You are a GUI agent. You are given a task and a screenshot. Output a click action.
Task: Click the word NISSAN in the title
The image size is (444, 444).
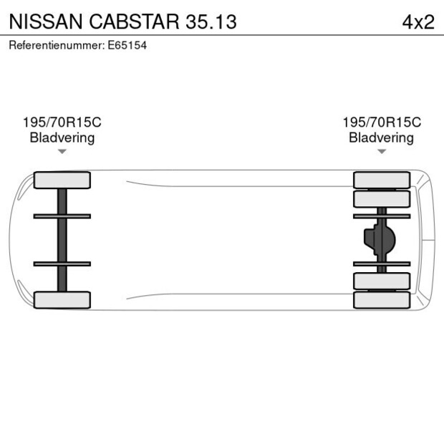42,21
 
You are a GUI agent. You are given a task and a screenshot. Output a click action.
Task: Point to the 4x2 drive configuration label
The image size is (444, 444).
418,21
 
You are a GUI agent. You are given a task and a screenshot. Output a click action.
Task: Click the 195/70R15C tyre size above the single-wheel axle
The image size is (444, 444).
62,122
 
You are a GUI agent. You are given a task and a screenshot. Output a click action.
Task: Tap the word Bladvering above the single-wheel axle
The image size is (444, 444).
62,137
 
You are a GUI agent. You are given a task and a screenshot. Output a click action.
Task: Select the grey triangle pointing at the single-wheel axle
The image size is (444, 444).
62,152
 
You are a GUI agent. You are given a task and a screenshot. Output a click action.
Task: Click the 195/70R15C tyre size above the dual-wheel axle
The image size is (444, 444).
382,122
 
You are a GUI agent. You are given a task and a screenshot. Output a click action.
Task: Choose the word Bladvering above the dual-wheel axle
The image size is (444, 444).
382,137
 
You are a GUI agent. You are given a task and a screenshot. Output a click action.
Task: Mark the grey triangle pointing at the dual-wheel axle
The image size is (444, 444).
382,152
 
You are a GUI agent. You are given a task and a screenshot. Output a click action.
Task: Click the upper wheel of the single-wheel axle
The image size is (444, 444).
62,180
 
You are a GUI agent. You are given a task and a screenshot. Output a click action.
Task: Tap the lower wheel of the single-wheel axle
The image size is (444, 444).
62,300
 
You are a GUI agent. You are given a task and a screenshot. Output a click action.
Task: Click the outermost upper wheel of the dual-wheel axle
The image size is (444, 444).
382,180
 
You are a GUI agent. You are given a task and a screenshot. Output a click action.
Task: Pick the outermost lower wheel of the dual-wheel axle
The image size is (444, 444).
382,300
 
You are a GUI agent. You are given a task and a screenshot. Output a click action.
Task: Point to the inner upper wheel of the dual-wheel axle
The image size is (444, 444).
382,198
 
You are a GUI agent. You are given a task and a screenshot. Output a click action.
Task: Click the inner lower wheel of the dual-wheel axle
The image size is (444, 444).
382,281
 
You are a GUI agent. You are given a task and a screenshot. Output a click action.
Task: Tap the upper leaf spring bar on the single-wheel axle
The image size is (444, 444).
62,216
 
